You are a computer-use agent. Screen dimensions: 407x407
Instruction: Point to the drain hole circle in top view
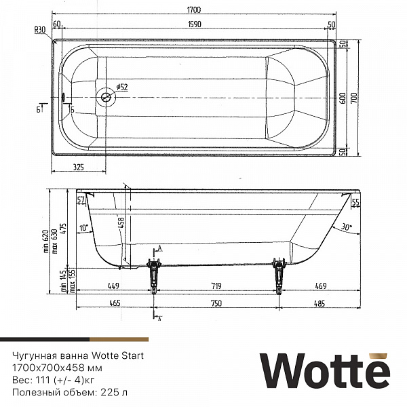(x=106, y=97)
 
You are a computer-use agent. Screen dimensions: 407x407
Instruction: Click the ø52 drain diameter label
(x=121, y=87)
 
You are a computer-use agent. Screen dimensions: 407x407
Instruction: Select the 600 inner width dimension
(x=343, y=97)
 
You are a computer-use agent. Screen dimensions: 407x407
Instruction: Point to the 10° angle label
(x=83, y=228)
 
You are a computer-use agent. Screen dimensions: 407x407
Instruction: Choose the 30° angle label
(x=347, y=228)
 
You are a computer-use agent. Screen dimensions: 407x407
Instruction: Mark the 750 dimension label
(x=216, y=303)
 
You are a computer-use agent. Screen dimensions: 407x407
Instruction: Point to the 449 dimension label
(x=113, y=286)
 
